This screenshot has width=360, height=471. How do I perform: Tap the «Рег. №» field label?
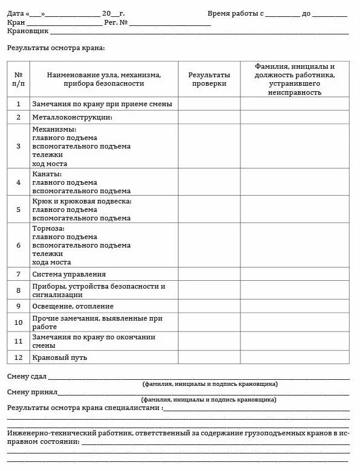pos(116,22)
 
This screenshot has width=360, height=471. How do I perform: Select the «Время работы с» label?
pos(235,13)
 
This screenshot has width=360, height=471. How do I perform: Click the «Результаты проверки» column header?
pos(208,79)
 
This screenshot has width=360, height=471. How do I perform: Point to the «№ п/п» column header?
pos(18,79)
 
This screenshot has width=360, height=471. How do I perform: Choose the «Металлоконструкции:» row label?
pos(72,117)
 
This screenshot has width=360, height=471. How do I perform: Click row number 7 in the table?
pos(18,274)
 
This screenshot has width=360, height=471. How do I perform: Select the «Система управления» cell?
pos(69,274)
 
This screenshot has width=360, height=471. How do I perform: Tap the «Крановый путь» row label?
pos(60,357)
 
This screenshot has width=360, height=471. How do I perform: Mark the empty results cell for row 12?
pos(208,357)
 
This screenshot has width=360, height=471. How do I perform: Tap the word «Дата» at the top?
pos(16,13)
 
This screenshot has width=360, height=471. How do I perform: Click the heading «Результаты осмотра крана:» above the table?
pos(56,47)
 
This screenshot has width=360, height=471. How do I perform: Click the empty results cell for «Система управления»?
pos(208,274)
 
